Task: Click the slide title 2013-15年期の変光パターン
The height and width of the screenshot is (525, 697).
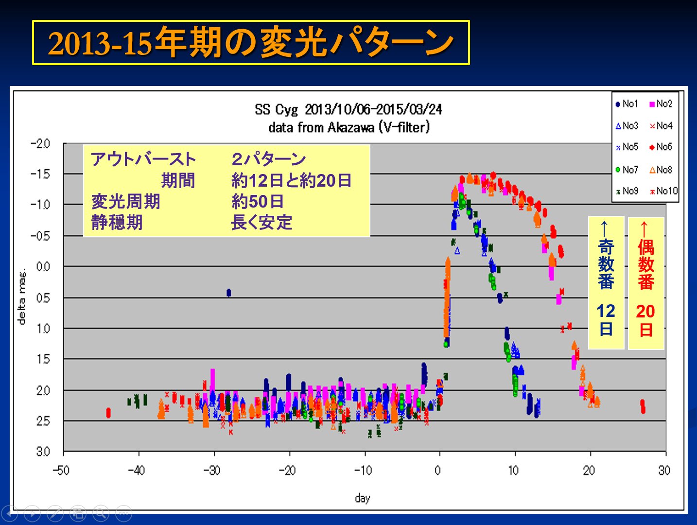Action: pyautogui.click(x=251, y=43)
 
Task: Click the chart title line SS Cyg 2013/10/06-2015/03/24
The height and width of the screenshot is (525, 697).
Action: pyautogui.click(x=348, y=109)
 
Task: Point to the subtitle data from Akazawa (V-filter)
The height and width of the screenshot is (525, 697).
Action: pyautogui.click(x=348, y=127)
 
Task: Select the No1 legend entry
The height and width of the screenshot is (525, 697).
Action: pyautogui.click(x=627, y=104)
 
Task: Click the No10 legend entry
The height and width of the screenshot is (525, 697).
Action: pyautogui.click(x=663, y=191)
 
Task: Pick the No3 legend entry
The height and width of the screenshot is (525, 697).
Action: pyautogui.click(x=627, y=125)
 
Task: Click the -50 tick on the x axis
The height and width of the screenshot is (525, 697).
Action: pyautogui.click(x=61, y=470)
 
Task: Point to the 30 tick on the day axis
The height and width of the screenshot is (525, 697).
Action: pyautogui.click(x=664, y=470)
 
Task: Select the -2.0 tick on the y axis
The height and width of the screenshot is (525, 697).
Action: pyautogui.click(x=41, y=144)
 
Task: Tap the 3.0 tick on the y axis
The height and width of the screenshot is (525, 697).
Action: pyautogui.click(x=43, y=452)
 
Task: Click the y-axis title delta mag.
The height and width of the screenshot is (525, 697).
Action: pyautogui.click(x=22, y=297)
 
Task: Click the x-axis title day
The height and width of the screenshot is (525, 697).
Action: pyautogui.click(x=363, y=498)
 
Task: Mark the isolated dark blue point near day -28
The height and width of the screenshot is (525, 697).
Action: pyautogui.click(x=228, y=293)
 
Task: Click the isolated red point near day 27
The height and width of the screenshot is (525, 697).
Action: pyautogui.click(x=643, y=406)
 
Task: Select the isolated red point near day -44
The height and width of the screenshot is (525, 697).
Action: pyautogui.click(x=108, y=413)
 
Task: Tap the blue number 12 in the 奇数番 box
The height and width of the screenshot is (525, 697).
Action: pyautogui.click(x=606, y=311)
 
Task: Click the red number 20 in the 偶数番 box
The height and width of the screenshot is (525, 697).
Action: pyautogui.click(x=645, y=311)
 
